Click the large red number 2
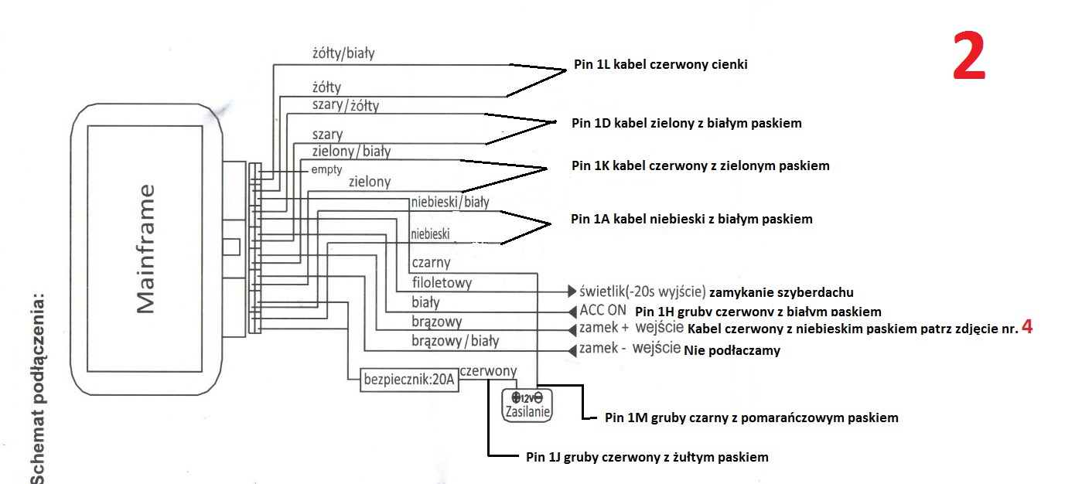(969, 57)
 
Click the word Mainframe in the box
(146, 249)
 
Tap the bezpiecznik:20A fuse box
(410, 380)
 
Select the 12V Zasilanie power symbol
(527, 404)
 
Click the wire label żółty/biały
(343, 53)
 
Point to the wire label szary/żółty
(345, 105)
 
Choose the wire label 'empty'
(326, 169)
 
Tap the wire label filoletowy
(442, 283)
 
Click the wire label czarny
(431, 263)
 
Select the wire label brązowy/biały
(455, 341)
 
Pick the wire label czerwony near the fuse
(488, 371)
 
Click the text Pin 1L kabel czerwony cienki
(661, 66)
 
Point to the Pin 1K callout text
(700, 165)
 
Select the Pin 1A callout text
(691, 219)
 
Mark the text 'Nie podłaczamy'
(732, 350)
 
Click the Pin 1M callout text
(752, 418)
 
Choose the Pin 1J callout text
(647, 457)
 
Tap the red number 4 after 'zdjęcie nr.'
(1027, 327)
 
